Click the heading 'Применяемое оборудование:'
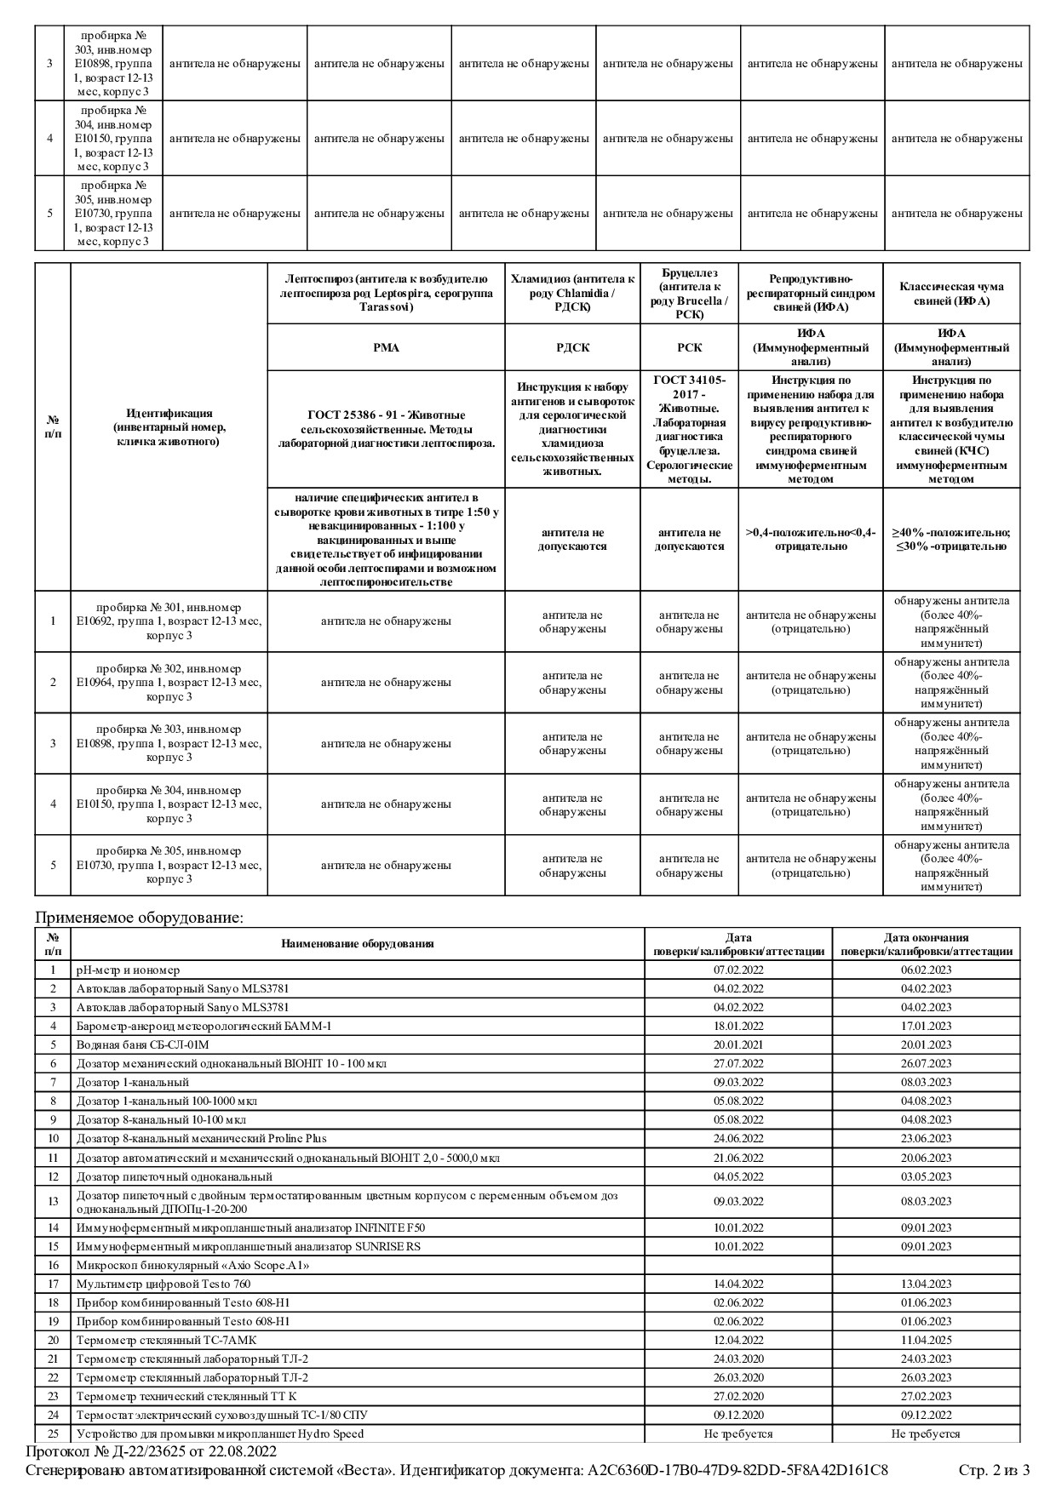pyautogui.click(x=139, y=918)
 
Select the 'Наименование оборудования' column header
pyautogui.click(x=358, y=943)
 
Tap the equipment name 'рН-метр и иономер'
pyautogui.click(x=128, y=970)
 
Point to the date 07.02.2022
pyautogui.click(x=738, y=970)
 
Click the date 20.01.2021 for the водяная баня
pyautogui.click(x=738, y=1044)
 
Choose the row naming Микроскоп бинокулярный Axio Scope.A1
pyautogui.click(x=192, y=1265)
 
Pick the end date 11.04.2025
pyautogui.click(x=926, y=1340)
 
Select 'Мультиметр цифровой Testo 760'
pyautogui.click(x=164, y=1284)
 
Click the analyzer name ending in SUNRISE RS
pyautogui.click(x=249, y=1246)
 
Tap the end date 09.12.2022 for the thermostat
pyautogui.click(x=926, y=1415)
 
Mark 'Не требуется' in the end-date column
pyautogui.click(x=926, y=1433)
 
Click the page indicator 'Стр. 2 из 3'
pyautogui.click(x=994, y=1470)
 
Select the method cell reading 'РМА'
pyautogui.click(x=386, y=347)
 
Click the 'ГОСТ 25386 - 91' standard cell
pyautogui.click(x=386, y=429)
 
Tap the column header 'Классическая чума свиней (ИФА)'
pyautogui.click(x=951, y=294)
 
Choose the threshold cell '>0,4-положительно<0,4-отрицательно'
pyautogui.click(x=811, y=539)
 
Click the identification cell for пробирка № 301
pyautogui.click(x=169, y=621)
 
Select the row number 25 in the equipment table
pyautogui.click(x=53, y=1433)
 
